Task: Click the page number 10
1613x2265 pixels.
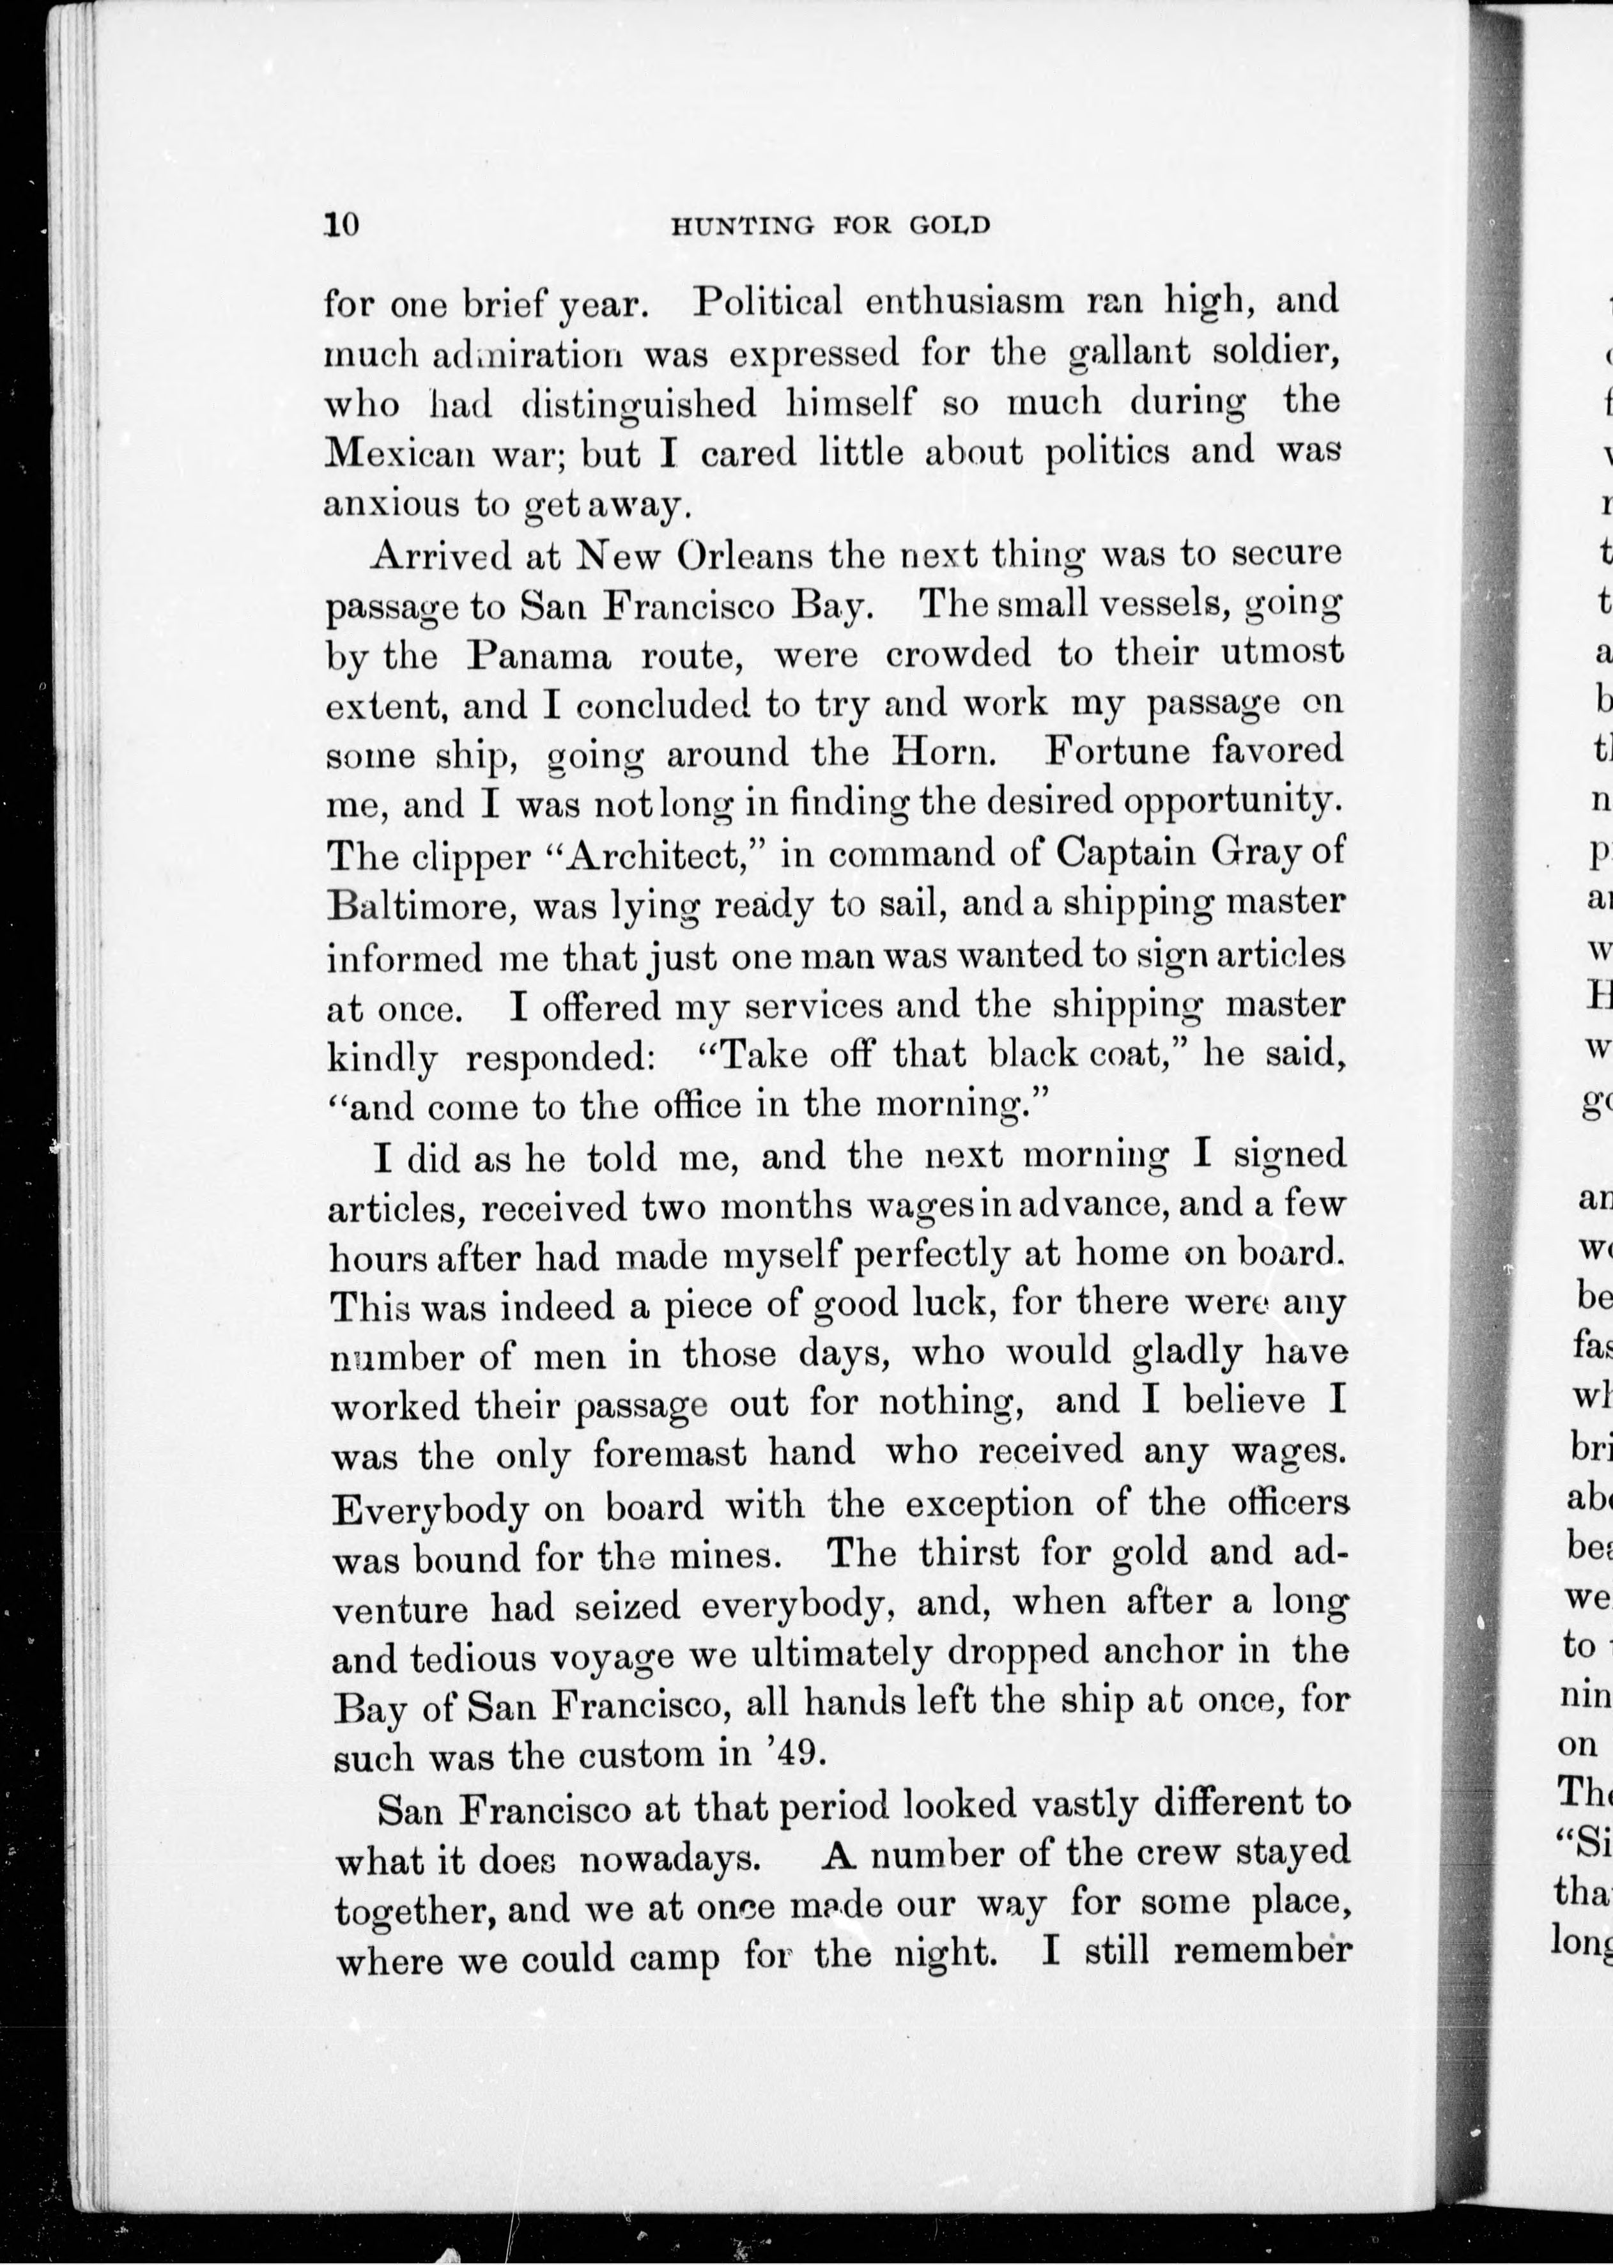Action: pyautogui.click(x=340, y=224)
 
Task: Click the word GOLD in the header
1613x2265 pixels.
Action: pyautogui.click(x=950, y=226)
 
